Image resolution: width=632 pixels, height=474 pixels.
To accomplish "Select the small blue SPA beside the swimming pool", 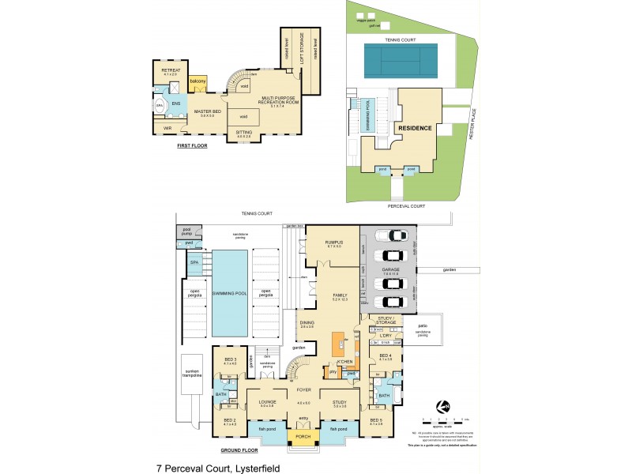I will tap(194, 262).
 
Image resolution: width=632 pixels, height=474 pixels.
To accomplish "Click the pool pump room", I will tap(188, 232).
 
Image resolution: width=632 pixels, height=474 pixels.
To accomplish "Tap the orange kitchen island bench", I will tap(338, 348).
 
